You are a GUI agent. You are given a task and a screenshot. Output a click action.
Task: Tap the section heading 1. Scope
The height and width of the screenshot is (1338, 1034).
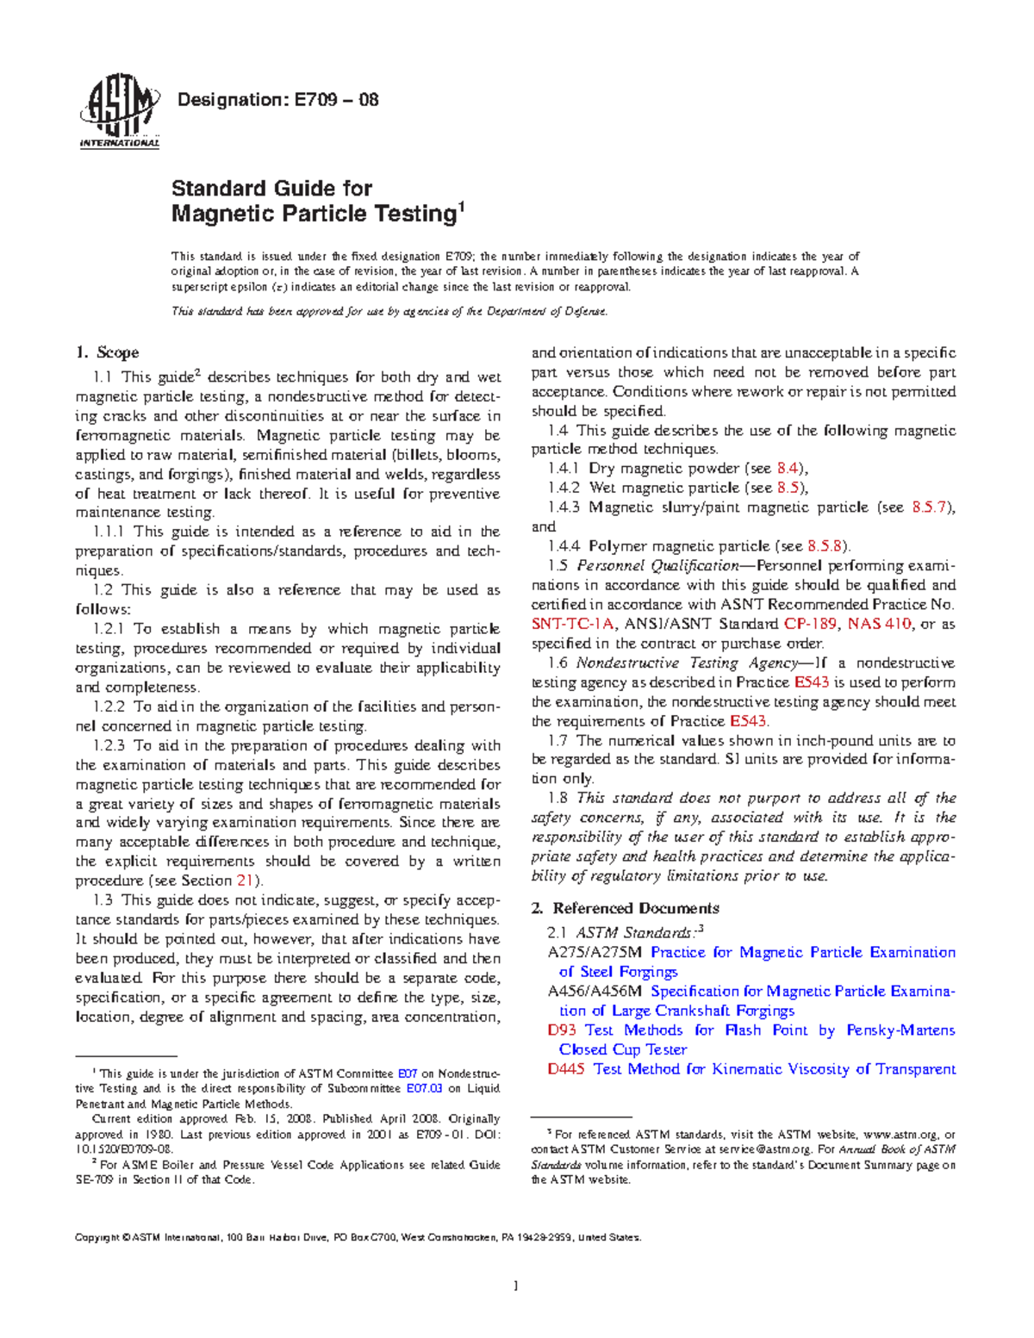pyautogui.click(x=107, y=352)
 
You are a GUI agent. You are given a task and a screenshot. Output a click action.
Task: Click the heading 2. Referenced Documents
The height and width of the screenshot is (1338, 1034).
pyautogui.click(x=625, y=908)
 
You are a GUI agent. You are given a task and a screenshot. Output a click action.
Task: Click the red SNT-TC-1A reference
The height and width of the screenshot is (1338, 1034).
pyautogui.click(x=572, y=624)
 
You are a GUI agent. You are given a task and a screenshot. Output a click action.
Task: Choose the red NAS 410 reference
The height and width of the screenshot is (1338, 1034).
pyautogui.click(x=879, y=624)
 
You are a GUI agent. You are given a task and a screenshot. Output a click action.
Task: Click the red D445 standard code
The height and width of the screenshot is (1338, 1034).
pyautogui.click(x=566, y=1069)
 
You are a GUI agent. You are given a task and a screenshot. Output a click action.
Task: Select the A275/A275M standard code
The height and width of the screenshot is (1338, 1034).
pyautogui.click(x=595, y=953)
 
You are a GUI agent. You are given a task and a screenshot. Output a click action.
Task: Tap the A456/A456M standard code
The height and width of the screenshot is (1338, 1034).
pyautogui.click(x=595, y=992)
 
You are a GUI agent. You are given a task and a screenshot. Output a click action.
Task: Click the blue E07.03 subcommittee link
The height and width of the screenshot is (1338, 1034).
pyautogui.click(x=424, y=1089)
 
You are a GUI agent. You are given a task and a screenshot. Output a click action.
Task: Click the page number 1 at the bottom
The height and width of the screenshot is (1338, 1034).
pyautogui.click(x=515, y=1286)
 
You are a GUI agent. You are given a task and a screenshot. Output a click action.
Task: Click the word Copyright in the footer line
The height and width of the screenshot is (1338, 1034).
pyautogui.click(x=97, y=1238)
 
